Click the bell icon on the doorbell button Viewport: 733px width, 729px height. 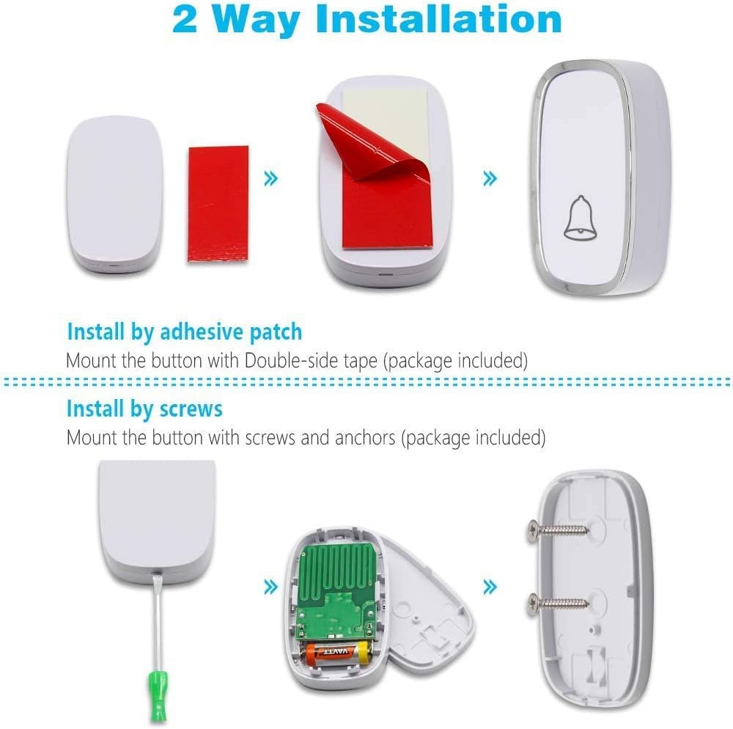(580, 218)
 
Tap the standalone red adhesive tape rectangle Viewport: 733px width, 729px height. (218, 204)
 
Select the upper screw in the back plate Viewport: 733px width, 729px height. (557, 530)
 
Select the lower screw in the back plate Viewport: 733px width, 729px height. (557, 602)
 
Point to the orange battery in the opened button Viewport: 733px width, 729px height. (336, 653)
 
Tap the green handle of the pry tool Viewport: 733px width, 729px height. (158, 696)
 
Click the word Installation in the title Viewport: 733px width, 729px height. (438, 20)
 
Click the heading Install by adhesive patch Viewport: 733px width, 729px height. (185, 332)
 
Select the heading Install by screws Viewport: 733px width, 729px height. (144, 409)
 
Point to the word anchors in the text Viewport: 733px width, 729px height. (364, 438)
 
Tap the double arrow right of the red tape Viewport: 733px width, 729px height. (271, 178)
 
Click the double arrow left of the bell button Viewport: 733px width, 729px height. (490, 178)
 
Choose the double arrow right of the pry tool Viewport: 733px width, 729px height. (271, 587)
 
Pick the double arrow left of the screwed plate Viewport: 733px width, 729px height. (490, 587)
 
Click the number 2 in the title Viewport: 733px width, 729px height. (185, 20)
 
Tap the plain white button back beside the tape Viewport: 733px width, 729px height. (115, 196)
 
